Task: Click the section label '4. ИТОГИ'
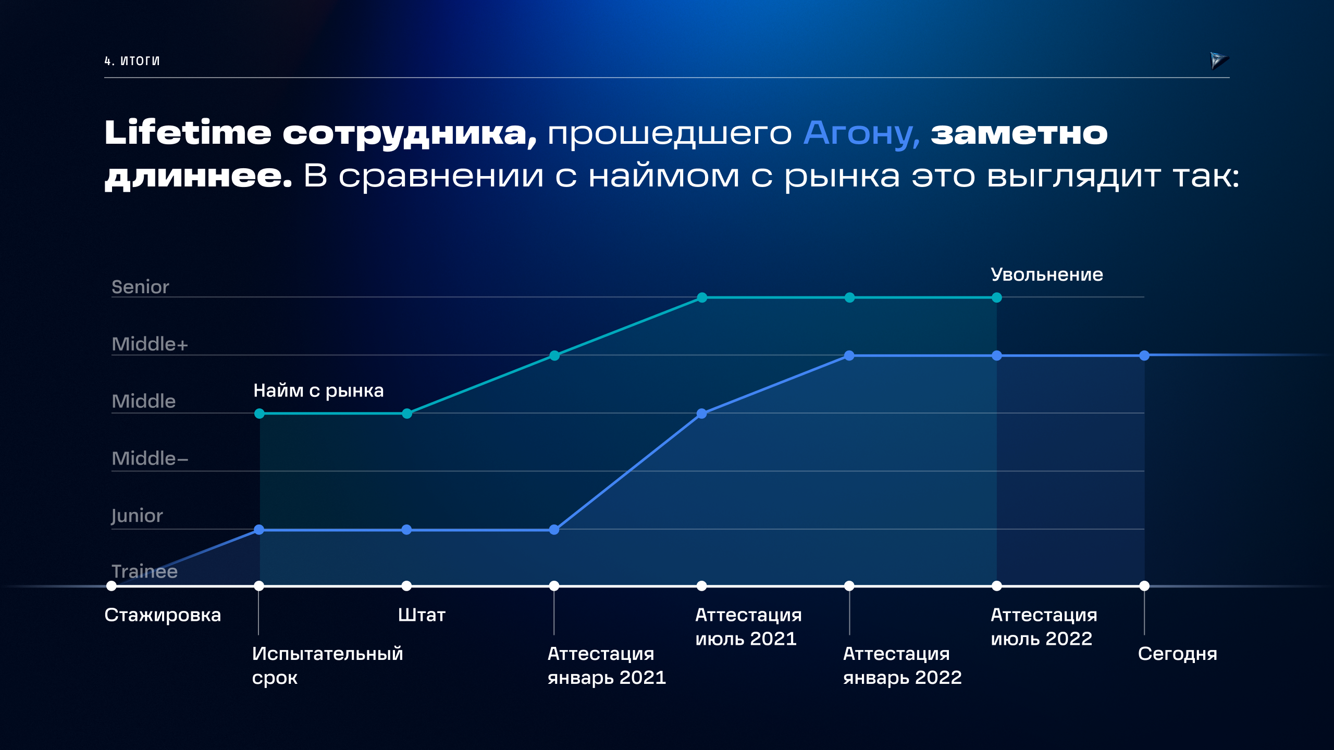tap(132, 61)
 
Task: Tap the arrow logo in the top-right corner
tap(1218, 60)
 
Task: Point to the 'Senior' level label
tap(140, 287)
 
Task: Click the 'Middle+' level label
tap(150, 344)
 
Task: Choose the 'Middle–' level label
tap(150, 458)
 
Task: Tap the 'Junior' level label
tap(137, 516)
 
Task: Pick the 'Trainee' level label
tap(144, 571)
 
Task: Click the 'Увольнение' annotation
tap(1046, 274)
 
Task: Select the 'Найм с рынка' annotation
tap(318, 391)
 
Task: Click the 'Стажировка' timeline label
tap(163, 615)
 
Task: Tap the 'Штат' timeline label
tap(422, 615)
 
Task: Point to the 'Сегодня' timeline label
tap(1177, 654)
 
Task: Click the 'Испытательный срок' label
tap(327, 665)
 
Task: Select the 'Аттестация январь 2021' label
tap(607, 665)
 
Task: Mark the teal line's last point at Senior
tap(997, 297)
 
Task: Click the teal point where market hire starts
tap(260, 414)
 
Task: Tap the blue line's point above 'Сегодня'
tap(1144, 356)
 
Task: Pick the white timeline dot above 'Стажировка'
tap(112, 586)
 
